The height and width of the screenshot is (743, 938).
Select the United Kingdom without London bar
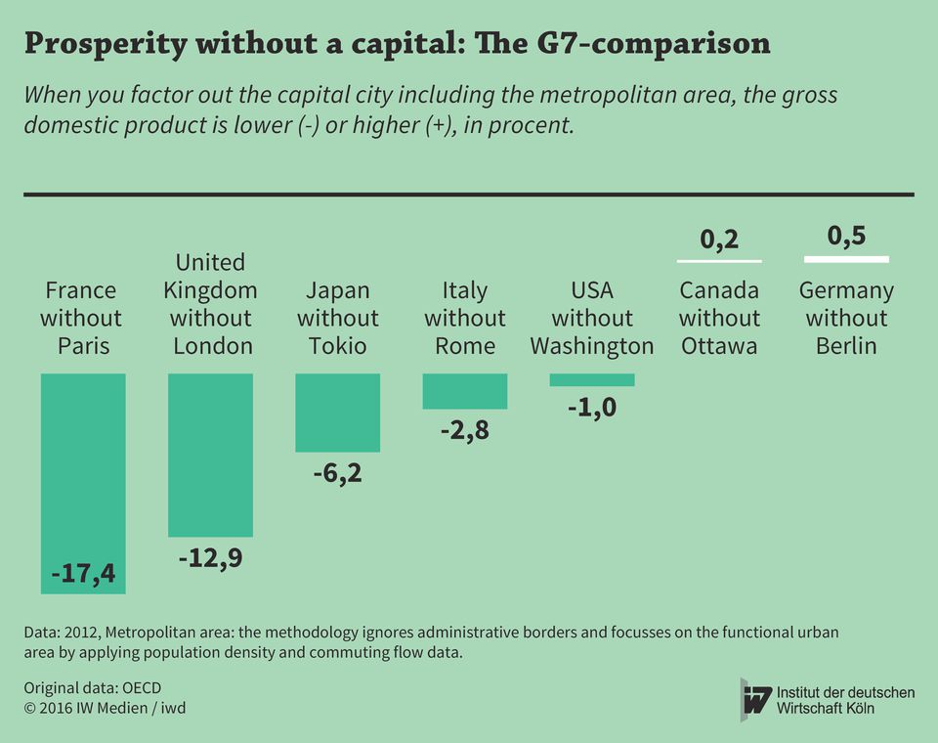(210, 455)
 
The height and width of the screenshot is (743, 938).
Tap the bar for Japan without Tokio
(337, 413)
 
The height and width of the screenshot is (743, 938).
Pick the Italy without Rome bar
(465, 391)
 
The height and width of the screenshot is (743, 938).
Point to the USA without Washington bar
(592, 380)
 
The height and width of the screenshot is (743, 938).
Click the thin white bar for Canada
(719, 262)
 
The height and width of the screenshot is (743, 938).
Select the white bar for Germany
(846, 259)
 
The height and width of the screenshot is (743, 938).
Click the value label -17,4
(83, 574)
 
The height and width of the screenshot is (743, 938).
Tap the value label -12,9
(210, 559)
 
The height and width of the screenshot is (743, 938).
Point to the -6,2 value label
(337, 475)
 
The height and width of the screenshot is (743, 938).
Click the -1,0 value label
(592, 408)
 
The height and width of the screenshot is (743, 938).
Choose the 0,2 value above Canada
(719, 240)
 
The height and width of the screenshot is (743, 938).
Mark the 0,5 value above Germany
(846, 236)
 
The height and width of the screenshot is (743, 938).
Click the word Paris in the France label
(83, 346)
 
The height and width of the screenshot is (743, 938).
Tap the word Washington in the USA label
(592, 346)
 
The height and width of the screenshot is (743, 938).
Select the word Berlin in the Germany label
(846, 346)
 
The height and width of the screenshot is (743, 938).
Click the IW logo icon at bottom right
(756, 699)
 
